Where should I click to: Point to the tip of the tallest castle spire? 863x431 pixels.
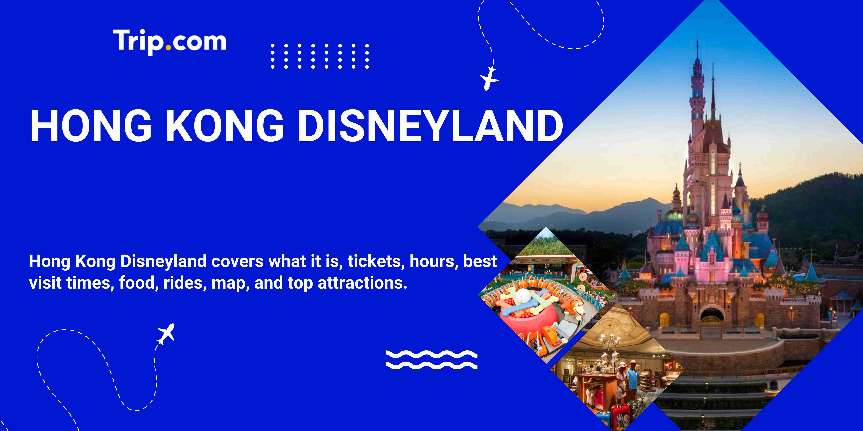698,42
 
